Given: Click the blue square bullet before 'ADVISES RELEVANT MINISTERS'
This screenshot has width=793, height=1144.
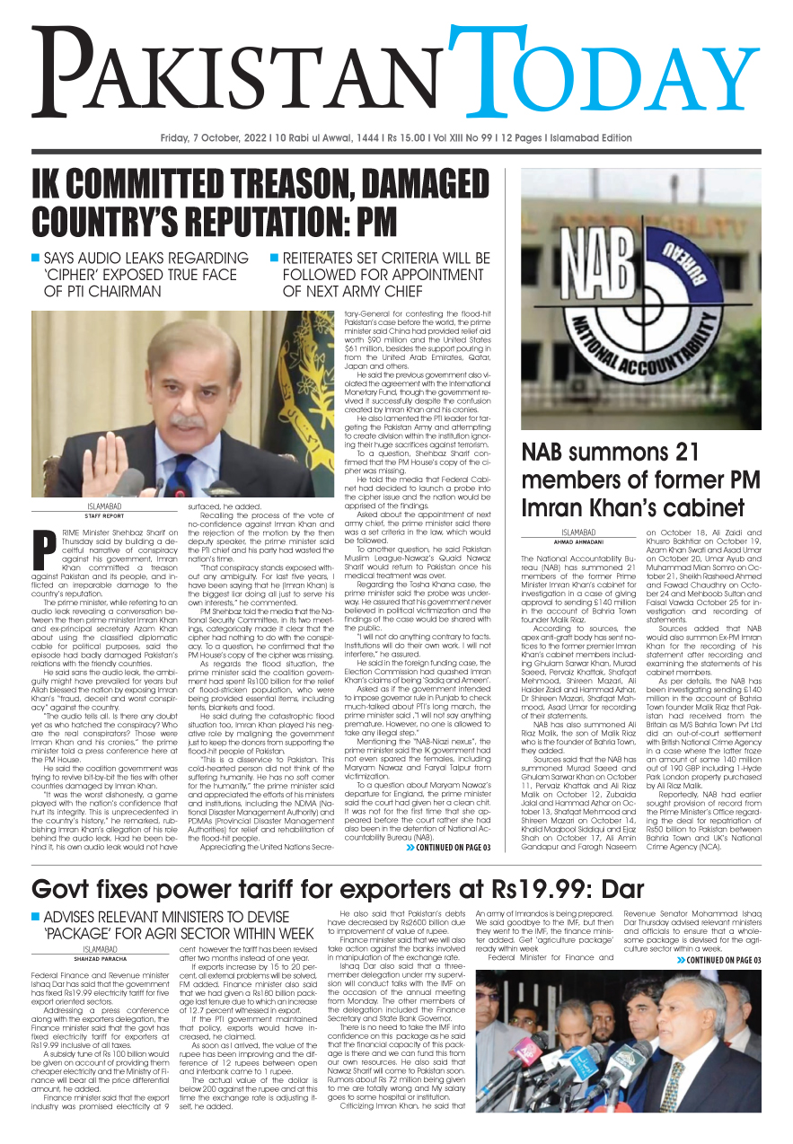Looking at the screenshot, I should click(35, 916).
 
